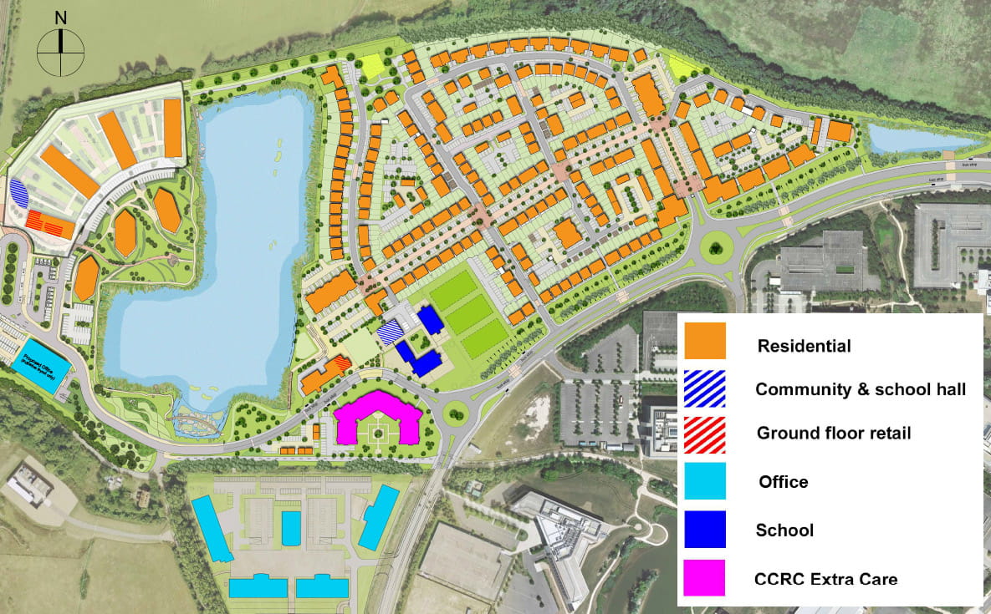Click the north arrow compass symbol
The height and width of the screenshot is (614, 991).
click(x=61, y=52)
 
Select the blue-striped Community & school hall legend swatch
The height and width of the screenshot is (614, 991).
click(x=705, y=388)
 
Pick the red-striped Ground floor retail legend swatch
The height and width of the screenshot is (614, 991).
click(x=705, y=432)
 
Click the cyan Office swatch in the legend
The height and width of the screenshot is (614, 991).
click(x=705, y=480)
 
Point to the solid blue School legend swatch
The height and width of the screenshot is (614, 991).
click(x=705, y=529)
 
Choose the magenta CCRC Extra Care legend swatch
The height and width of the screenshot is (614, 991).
click(x=705, y=577)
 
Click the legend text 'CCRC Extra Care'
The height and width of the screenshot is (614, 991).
click(x=825, y=578)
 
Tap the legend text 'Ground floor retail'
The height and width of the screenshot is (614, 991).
click(x=834, y=433)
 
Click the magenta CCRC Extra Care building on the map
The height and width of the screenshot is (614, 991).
click(x=378, y=418)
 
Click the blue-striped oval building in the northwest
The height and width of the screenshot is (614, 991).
click(x=18, y=194)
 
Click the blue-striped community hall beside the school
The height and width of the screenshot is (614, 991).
click(x=391, y=334)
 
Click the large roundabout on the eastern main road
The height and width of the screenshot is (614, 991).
click(x=716, y=246)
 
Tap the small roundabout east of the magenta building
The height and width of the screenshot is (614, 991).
click(x=457, y=411)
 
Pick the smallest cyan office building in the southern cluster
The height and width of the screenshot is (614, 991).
click(x=291, y=528)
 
